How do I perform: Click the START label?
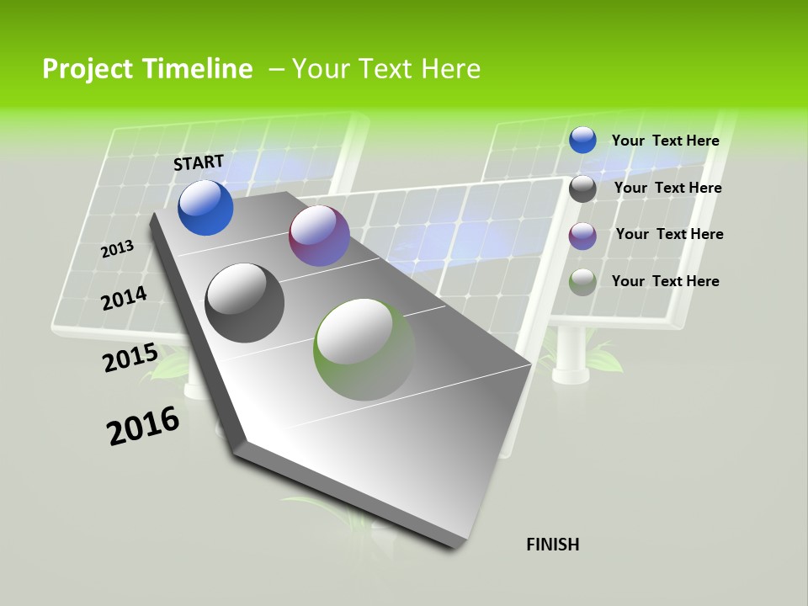tap(199, 162)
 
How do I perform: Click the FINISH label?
tap(553, 545)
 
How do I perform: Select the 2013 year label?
tap(118, 249)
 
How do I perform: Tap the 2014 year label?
tap(125, 299)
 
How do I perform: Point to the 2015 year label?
tap(130, 358)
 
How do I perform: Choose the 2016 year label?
tap(143, 426)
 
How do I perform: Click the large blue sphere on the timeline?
tap(205, 207)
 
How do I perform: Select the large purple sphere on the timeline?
tap(319, 236)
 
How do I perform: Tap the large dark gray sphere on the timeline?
tap(245, 303)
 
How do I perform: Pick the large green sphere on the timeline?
tap(364, 349)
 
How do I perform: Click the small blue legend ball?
tap(582, 140)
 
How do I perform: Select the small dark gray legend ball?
tap(582, 189)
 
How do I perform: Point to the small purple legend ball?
tap(582, 236)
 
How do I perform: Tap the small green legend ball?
tap(582, 282)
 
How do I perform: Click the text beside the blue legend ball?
tap(665, 141)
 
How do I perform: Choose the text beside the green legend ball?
tap(665, 281)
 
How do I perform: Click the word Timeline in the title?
tap(201, 69)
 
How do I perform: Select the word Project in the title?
tap(86, 69)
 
